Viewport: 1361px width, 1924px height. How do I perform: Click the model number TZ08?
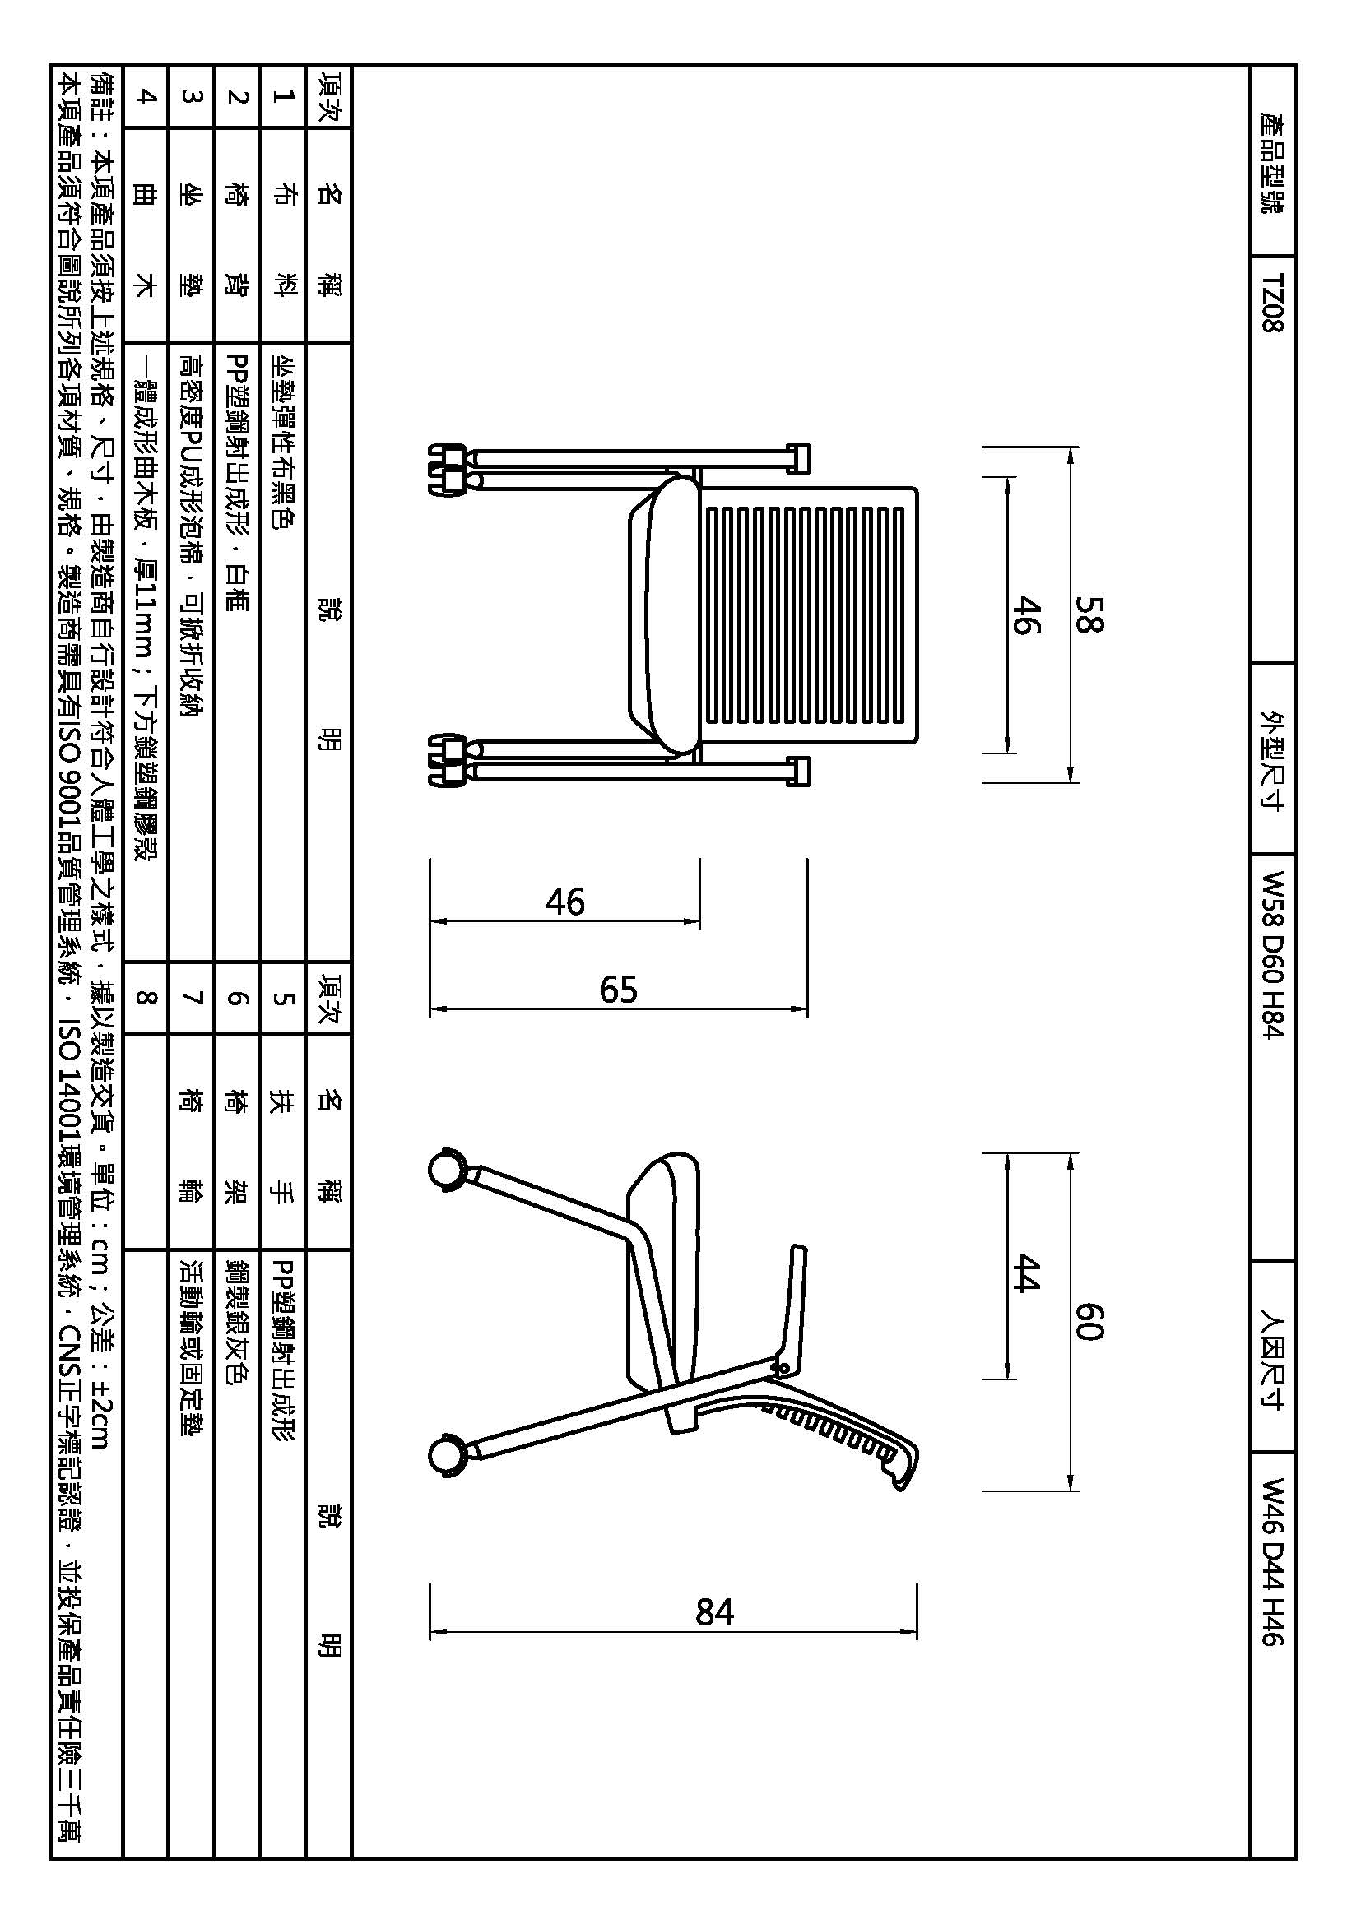(1272, 303)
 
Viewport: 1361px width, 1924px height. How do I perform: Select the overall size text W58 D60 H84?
(1272, 956)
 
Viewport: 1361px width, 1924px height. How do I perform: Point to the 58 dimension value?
(1089, 614)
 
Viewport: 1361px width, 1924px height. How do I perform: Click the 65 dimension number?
(619, 990)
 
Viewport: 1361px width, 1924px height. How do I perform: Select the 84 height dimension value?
(715, 1612)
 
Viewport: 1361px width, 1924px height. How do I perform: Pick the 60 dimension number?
(1089, 1322)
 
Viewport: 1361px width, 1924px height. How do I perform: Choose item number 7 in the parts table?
(193, 997)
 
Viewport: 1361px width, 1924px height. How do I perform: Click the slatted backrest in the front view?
(805, 616)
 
